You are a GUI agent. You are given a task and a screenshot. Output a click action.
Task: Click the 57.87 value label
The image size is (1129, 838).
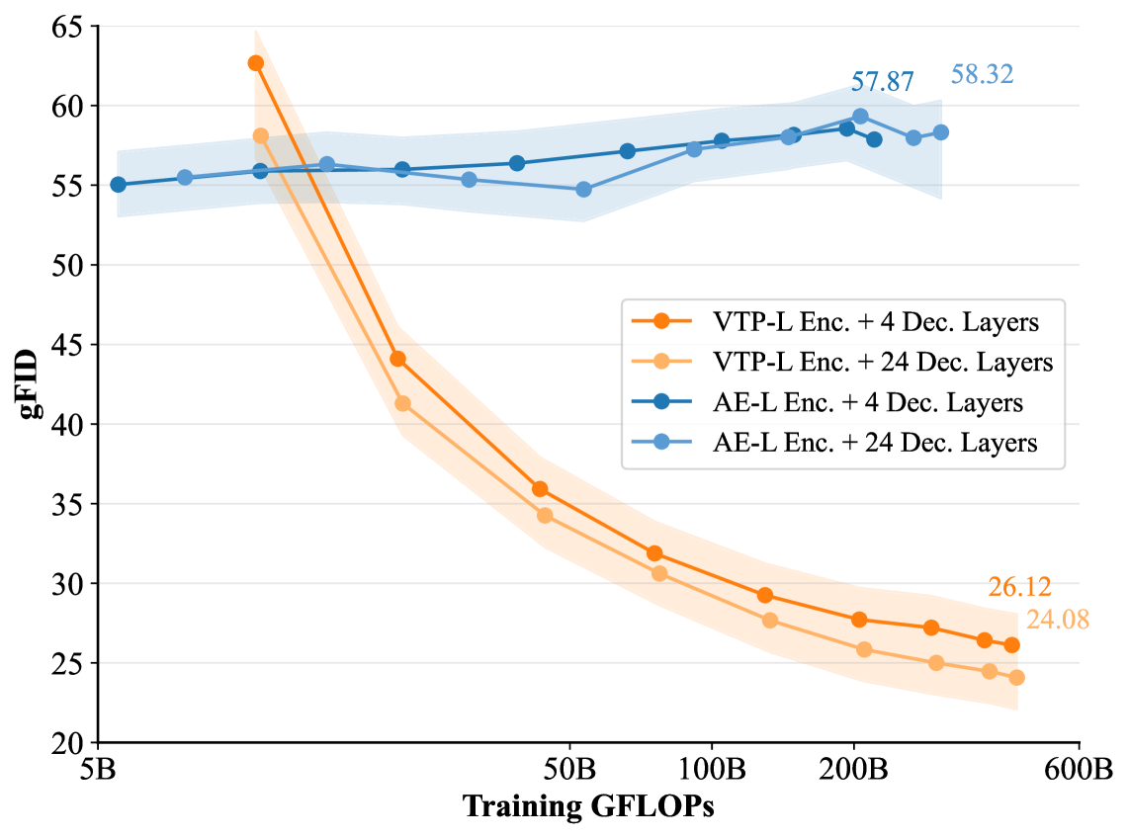[882, 82]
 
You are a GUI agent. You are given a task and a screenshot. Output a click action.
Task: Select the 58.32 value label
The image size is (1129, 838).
[982, 74]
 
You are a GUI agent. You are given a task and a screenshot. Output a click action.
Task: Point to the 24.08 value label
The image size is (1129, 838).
[1057, 621]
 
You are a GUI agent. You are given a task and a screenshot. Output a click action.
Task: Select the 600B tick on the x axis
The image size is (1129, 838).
[1079, 768]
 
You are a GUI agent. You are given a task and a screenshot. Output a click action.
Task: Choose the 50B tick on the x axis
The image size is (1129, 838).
[569, 768]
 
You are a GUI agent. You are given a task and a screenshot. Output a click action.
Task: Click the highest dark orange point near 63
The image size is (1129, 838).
[256, 63]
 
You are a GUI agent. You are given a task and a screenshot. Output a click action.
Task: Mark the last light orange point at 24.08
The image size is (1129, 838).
[1016, 678]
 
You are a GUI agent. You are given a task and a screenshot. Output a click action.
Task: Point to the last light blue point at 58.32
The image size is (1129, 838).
[941, 132]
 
